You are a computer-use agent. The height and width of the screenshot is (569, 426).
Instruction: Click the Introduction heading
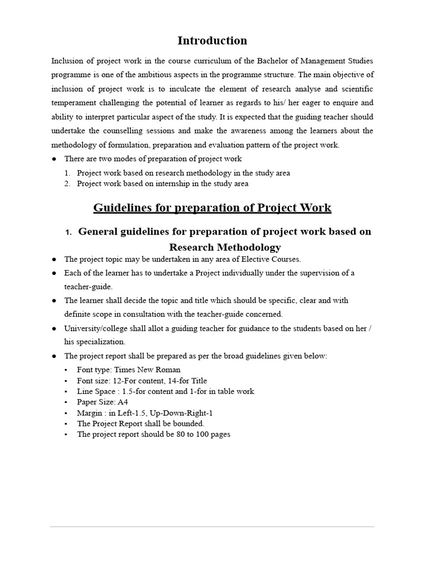pos(212,41)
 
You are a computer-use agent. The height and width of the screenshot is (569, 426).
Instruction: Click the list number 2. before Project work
pos(67,183)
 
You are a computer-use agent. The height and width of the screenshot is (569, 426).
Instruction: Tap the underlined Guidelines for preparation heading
pos(212,208)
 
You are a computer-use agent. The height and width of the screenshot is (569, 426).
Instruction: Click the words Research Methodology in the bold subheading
pos(225,247)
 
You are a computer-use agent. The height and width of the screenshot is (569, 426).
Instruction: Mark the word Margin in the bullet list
pos(89,413)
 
